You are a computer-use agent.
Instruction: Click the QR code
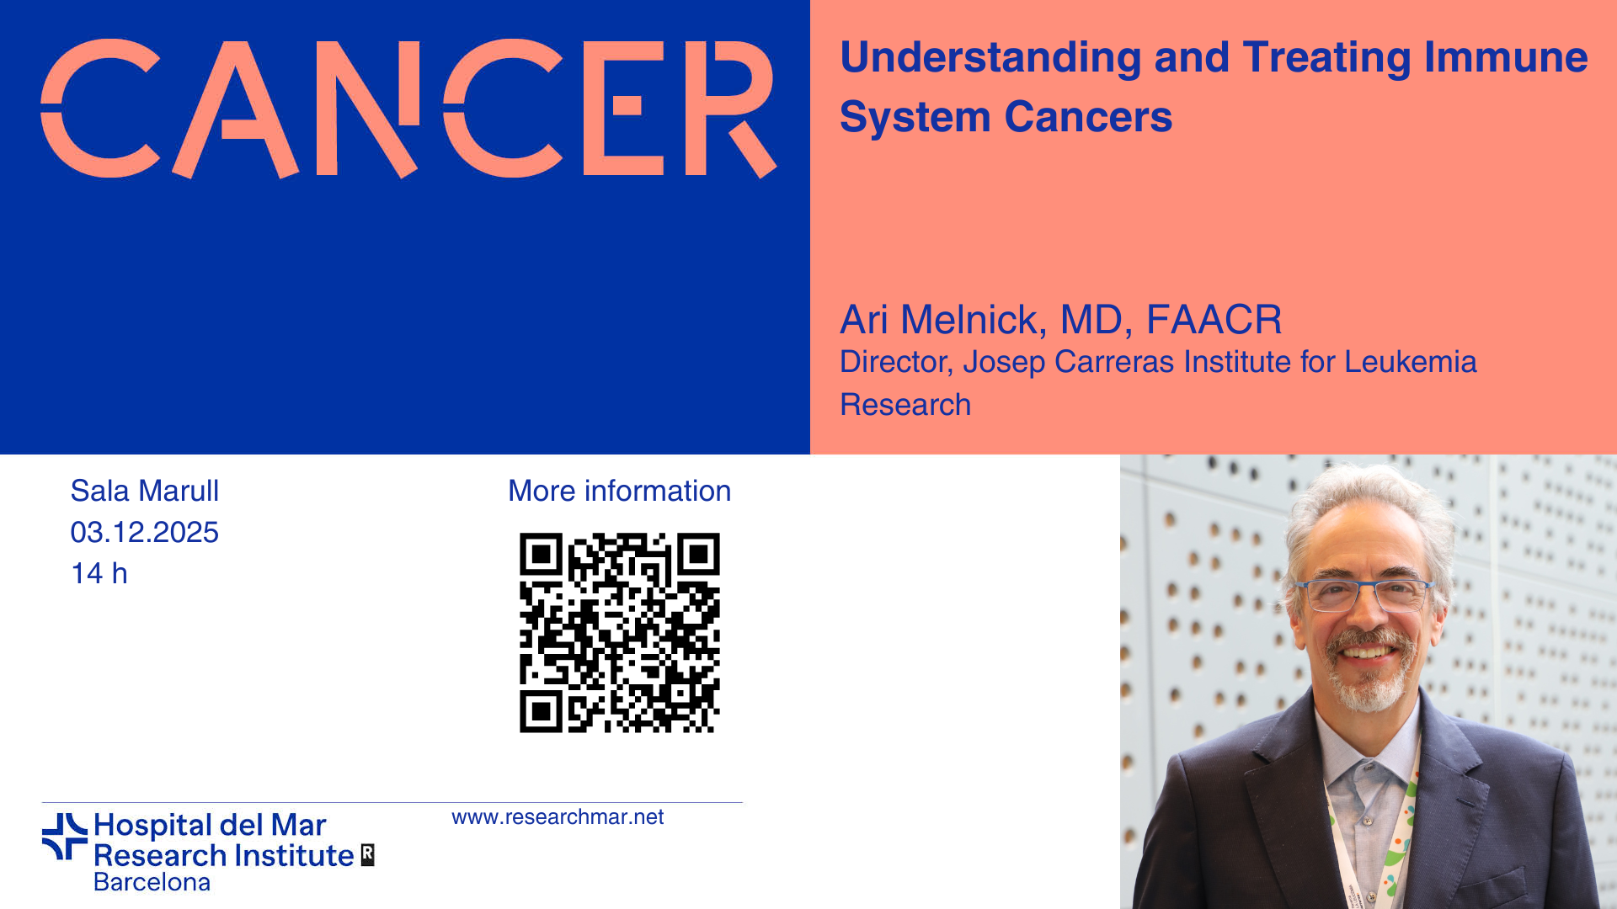pyautogui.click(x=620, y=633)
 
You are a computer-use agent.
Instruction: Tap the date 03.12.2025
pyautogui.click(x=145, y=532)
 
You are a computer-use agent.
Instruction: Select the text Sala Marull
pyautogui.click(x=145, y=491)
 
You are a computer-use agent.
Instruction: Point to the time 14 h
pyautogui.click(x=99, y=573)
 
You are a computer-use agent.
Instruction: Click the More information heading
pyautogui.click(x=620, y=491)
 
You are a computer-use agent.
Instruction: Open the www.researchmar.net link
pyautogui.click(x=558, y=817)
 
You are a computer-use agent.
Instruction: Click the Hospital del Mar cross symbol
pyautogui.click(x=65, y=837)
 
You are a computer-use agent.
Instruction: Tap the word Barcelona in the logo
pyautogui.click(x=152, y=882)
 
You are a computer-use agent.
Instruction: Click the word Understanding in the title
pyautogui.click(x=990, y=59)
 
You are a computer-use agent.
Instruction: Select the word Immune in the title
pyautogui.click(x=1506, y=57)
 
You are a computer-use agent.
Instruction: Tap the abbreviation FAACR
pyautogui.click(x=1214, y=320)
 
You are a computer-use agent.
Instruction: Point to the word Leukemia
pyautogui.click(x=1411, y=362)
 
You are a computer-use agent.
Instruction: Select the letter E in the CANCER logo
pyautogui.click(x=626, y=108)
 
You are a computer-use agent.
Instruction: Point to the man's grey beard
pyautogui.click(x=1369, y=678)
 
